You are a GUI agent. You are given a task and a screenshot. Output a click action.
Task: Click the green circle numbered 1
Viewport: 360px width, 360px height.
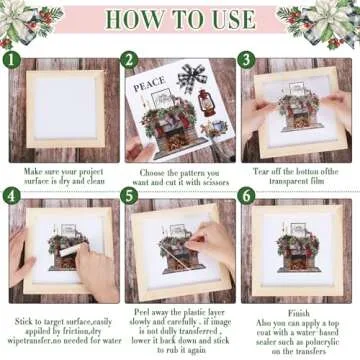[x=11, y=60]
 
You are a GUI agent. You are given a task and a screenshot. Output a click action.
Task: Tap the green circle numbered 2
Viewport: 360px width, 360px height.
[x=130, y=60]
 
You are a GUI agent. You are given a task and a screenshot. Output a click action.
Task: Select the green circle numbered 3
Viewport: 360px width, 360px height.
[x=247, y=60]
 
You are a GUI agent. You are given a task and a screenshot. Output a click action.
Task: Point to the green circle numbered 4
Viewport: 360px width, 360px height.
[x=11, y=194]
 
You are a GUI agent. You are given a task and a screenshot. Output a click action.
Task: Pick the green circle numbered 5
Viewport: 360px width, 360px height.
[x=130, y=194]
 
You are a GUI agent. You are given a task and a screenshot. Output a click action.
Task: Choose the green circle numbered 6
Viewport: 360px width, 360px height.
[x=247, y=194]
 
